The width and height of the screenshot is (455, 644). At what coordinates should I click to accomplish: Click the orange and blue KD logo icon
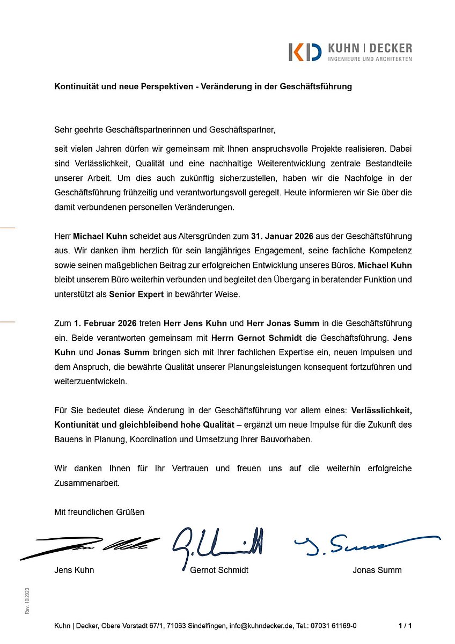pos(305,52)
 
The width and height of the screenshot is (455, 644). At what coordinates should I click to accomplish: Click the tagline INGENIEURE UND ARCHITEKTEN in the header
pos(370,58)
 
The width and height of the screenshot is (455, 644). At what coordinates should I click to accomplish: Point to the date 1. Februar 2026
pos(105,323)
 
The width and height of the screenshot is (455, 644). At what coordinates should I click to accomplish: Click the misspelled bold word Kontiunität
pos(77,425)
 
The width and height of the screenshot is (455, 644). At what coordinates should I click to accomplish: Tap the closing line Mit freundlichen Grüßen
pos(99,512)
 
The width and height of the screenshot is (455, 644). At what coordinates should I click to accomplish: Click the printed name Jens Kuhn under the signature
pos(74,570)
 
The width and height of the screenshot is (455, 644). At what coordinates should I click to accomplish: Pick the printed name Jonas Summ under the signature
pos(377,570)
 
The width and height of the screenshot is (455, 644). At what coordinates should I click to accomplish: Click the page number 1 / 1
pos(405,626)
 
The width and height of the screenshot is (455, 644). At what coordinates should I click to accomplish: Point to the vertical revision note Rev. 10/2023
pos(27,601)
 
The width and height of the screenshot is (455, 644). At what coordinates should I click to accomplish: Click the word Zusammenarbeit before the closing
pos(86,482)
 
